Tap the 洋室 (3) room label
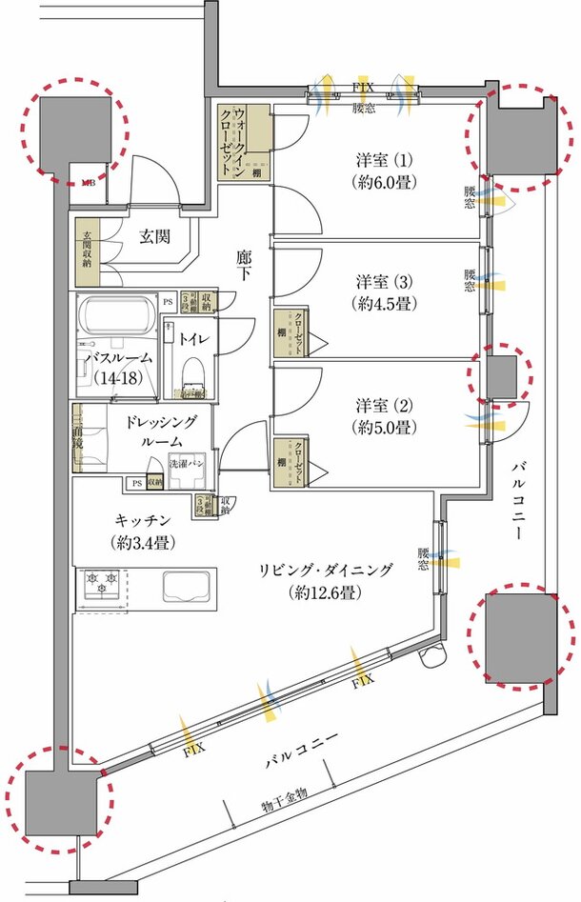coord(383,292)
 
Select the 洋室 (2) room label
coord(383,414)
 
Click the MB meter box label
coord(87,180)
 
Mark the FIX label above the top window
coord(363,87)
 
